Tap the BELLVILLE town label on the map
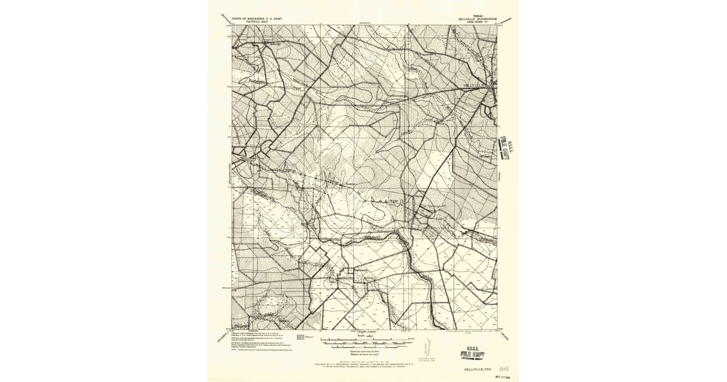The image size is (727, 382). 473,86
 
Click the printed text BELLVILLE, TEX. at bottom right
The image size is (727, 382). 474,369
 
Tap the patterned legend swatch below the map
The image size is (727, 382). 300,335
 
